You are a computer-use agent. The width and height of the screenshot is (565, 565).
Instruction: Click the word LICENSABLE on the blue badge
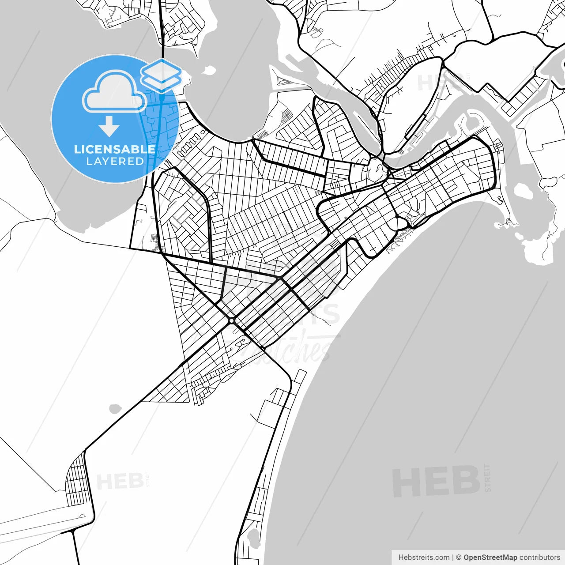pos(115,149)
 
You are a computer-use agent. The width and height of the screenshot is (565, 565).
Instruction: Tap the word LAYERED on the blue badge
pos(115,162)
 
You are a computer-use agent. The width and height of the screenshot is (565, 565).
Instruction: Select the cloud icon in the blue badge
pos(115,91)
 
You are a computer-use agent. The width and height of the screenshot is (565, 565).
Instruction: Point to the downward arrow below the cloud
pos(109,126)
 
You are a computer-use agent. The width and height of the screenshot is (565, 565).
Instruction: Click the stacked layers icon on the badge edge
pos(161,75)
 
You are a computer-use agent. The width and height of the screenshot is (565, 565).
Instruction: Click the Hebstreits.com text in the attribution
pos(424,557)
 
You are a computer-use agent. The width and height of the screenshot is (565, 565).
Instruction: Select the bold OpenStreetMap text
pos(490,557)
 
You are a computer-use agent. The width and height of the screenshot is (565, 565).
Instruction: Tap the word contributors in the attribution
pos(539,557)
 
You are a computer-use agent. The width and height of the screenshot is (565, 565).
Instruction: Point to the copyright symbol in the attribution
pos(459,557)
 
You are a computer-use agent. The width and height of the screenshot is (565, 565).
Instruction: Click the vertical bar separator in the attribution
pos(453,557)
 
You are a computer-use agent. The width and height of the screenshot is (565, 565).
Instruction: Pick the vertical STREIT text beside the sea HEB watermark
pos(487,478)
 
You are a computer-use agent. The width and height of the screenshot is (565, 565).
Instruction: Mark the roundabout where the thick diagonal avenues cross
pos(232,320)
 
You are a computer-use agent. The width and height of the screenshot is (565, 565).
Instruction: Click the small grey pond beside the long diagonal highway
pos(115,409)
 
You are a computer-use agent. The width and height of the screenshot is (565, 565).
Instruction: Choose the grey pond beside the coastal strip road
pos(253,537)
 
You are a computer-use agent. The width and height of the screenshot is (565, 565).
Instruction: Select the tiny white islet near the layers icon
pos(210,70)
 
